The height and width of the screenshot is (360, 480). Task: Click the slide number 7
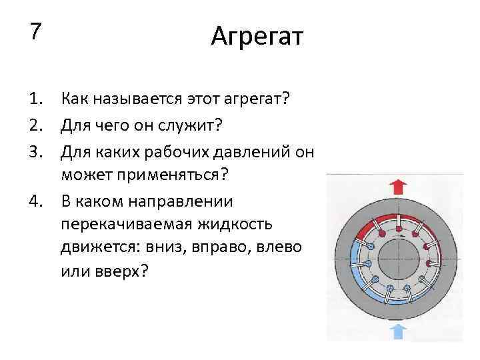[35, 31]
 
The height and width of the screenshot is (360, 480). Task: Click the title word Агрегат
[257, 36]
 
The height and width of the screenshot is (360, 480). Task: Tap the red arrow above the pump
[398, 187]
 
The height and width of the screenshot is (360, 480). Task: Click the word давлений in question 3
[242, 151]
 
